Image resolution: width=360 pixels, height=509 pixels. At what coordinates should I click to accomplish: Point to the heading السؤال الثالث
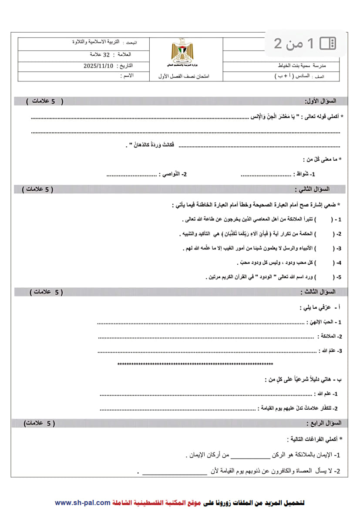click(318, 292)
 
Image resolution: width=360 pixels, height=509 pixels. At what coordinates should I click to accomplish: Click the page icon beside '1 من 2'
click(328, 43)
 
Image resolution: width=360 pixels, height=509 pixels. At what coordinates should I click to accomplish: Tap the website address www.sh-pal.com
click(83, 502)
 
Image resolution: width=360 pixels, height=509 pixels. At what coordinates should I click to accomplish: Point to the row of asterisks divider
click(195, 364)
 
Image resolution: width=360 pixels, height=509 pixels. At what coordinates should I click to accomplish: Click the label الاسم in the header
click(127, 76)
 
